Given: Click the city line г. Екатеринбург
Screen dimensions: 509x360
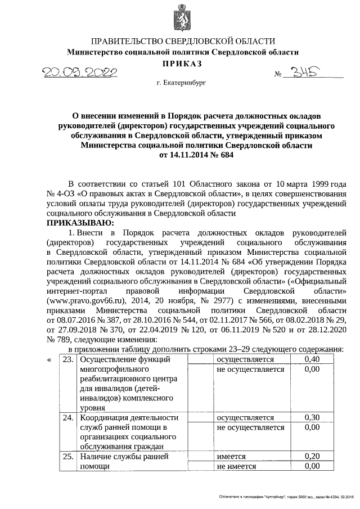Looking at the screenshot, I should tap(182, 83).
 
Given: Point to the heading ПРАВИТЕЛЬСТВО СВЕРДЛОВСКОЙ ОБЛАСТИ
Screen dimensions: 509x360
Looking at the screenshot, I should tap(183, 41).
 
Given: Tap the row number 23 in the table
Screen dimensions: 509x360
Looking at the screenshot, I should tap(67, 359).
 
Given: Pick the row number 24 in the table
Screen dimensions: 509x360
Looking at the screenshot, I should tap(67, 417).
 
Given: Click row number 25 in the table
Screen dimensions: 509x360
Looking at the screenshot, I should tap(67, 457).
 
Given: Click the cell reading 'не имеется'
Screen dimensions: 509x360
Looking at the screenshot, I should tap(236, 466).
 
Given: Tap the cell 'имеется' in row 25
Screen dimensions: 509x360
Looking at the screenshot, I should tap(232, 457).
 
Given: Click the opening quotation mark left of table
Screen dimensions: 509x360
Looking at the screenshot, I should tap(49, 359).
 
